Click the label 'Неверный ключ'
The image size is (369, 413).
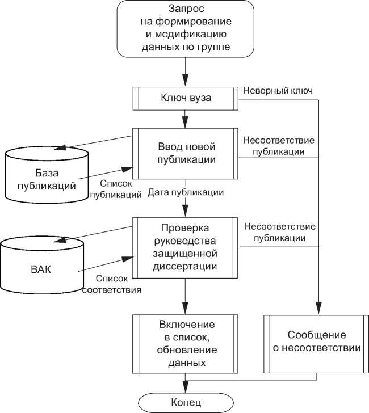click(x=278, y=90)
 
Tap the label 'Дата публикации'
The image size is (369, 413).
click(x=184, y=192)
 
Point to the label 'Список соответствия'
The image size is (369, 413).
click(x=111, y=284)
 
